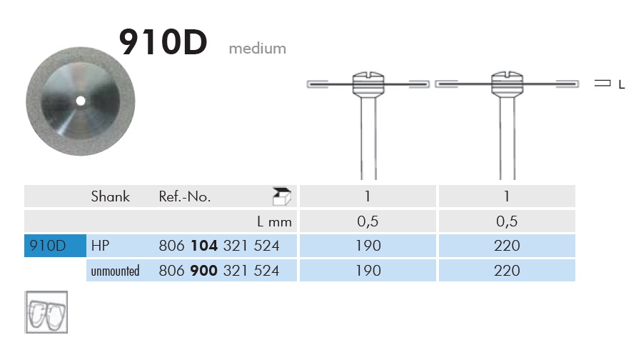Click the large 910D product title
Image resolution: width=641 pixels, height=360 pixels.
point(163,41)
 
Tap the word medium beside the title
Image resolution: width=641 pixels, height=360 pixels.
point(258,49)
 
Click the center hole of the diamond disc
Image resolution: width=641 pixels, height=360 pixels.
point(81,101)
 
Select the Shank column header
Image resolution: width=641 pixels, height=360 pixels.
point(111,196)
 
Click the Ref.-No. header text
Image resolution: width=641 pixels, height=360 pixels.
point(185,196)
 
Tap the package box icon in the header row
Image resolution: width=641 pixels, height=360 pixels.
point(282,196)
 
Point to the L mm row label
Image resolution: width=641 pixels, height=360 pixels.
point(274,221)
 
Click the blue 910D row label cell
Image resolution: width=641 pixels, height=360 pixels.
point(55,246)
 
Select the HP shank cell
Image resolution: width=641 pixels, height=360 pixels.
point(100,246)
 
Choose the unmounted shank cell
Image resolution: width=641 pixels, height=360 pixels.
point(116,271)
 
